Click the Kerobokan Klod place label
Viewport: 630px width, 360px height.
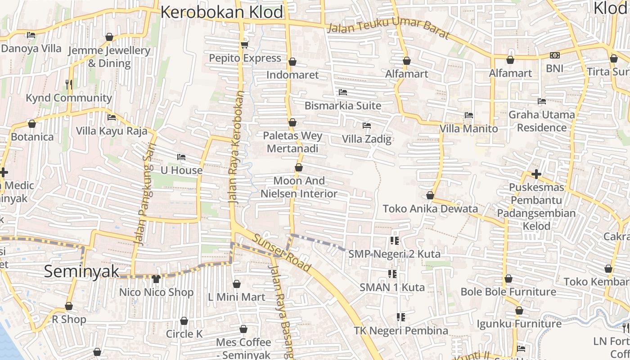pos(222,12)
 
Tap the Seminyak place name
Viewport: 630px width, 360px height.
pos(82,271)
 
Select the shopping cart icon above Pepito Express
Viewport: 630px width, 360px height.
pos(245,45)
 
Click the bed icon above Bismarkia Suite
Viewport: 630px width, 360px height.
pos(343,92)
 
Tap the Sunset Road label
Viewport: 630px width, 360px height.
pos(282,254)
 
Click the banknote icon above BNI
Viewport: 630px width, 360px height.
pos(554,55)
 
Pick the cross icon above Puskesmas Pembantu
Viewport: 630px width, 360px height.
pos(536,174)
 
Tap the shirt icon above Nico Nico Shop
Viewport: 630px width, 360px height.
pos(156,279)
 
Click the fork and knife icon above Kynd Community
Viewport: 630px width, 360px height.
pos(69,84)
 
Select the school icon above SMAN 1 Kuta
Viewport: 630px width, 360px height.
pos(392,274)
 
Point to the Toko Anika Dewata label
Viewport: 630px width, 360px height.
pos(430,209)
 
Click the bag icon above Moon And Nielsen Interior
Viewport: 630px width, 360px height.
pos(299,168)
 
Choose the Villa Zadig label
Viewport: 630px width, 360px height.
pos(367,139)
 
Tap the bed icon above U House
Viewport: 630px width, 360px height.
pos(181,157)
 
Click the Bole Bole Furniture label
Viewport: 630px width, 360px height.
pos(508,292)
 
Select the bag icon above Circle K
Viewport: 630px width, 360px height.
pos(184,321)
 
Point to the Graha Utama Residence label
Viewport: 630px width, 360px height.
pos(542,121)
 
